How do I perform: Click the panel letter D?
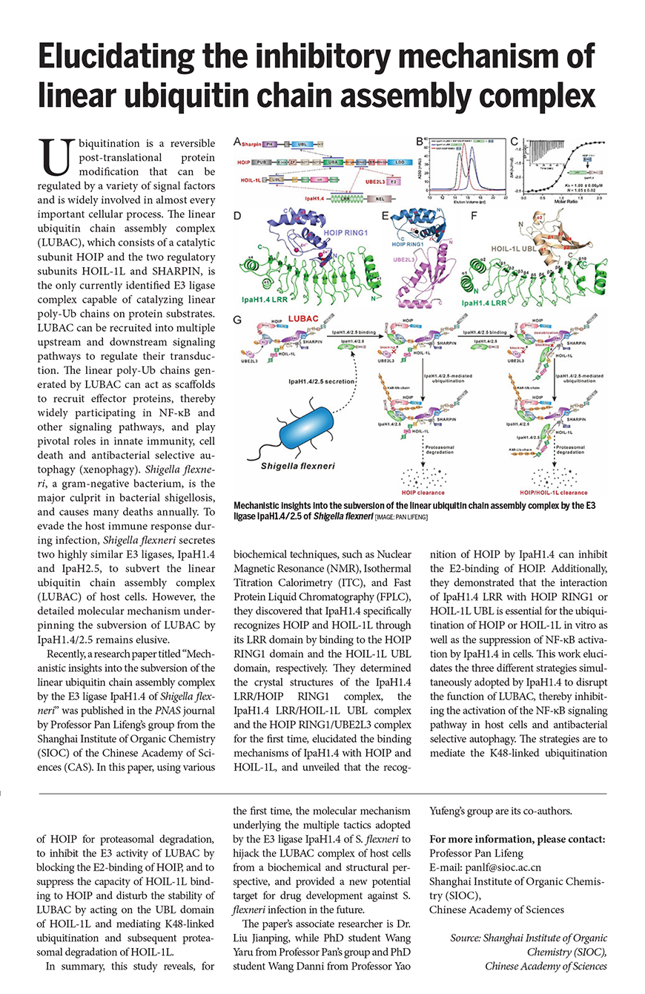coord(237,217)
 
